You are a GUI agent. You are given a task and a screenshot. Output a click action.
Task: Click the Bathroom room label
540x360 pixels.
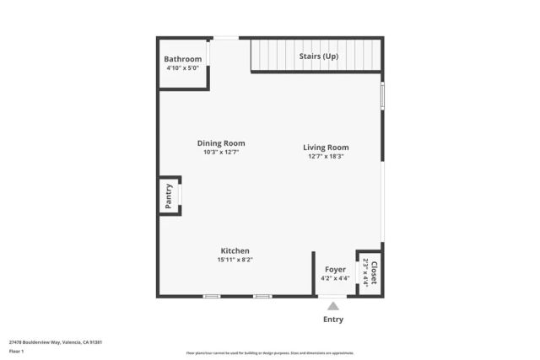coord(182,59)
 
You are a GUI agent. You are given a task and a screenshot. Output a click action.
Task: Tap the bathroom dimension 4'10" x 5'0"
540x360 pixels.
coord(182,68)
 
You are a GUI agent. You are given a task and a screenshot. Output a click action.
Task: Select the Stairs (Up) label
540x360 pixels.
coord(319,56)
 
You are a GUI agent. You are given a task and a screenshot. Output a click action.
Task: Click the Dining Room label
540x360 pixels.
coord(221,143)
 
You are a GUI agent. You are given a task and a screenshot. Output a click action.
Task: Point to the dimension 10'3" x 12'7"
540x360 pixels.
coord(221,153)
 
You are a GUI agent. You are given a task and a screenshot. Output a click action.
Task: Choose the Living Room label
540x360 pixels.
coord(326,148)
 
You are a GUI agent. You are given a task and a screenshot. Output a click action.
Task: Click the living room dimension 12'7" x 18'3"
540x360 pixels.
coord(326,156)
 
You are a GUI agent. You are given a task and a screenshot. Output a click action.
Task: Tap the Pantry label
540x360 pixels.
coord(169,196)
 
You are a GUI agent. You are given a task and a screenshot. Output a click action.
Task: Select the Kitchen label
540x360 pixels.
coord(235,250)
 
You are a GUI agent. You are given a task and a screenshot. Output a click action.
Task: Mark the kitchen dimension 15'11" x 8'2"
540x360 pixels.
coord(235,260)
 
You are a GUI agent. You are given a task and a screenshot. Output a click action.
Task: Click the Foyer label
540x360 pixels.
coord(335,270)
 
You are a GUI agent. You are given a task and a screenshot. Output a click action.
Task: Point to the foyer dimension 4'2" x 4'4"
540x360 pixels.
coord(335,278)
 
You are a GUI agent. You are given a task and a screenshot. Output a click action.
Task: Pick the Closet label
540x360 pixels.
coord(374,271)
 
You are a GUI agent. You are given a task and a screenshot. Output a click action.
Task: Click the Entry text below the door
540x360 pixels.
coord(333,320)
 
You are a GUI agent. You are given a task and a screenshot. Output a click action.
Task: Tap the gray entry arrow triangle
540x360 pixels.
coord(333,306)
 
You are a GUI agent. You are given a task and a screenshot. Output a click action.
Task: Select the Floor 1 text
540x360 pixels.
coord(16,351)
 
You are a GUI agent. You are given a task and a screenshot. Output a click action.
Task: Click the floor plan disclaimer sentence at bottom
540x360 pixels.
coord(270,352)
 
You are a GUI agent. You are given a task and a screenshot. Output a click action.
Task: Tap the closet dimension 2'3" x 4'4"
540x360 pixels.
coord(365,271)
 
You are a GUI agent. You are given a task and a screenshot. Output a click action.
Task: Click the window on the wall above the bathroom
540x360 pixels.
coord(225,37)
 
